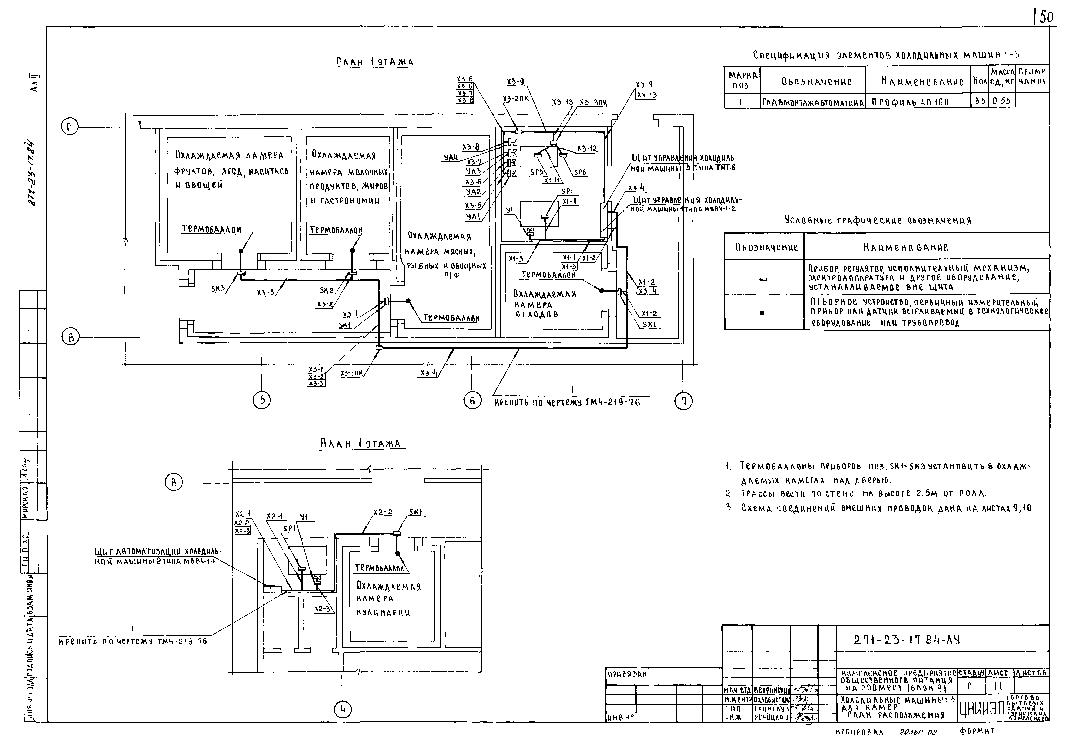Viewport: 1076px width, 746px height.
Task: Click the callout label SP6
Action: click(x=580, y=172)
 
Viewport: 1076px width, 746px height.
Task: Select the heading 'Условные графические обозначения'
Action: click(x=877, y=220)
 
